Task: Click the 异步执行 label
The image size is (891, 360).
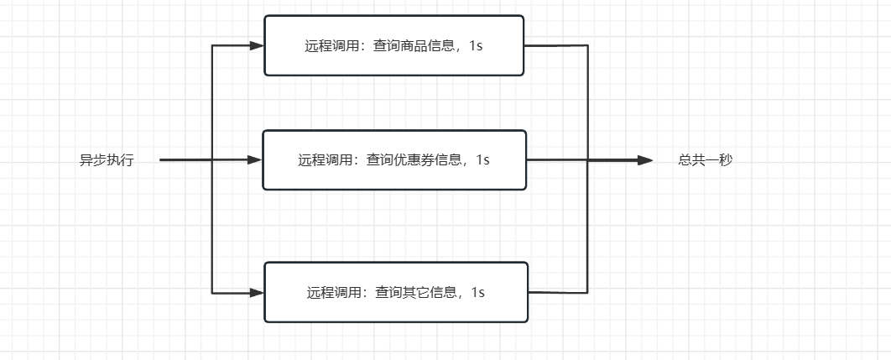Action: (107, 160)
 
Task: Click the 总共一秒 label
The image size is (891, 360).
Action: (705, 159)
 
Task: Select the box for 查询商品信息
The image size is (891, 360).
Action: (393, 45)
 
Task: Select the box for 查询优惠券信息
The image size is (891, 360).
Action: (393, 159)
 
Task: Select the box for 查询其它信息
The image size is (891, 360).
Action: (395, 292)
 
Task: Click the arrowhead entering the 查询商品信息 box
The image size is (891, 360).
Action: (257, 45)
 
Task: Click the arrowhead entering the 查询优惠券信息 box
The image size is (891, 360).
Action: (255, 159)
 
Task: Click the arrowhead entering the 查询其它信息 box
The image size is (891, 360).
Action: (257, 292)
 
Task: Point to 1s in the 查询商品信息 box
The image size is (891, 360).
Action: (476, 45)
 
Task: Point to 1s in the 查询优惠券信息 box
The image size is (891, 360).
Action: (482, 159)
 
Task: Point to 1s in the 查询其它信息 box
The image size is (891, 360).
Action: (477, 292)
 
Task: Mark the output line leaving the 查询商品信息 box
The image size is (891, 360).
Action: (555, 45)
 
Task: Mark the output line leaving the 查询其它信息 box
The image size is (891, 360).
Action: (557, 293)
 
